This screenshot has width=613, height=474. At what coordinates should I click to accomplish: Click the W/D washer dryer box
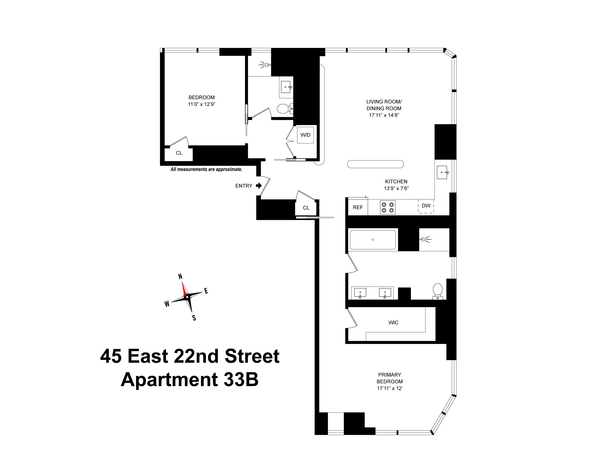(x=305, y=135)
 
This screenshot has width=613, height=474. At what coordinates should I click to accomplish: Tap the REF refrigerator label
(x=358, y=207)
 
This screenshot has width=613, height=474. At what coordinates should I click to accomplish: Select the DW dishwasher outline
(x=426, y=206)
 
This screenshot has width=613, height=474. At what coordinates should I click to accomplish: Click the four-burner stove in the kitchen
(x=388, y=207)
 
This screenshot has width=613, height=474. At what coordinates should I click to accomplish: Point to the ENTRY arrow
(x=259, y=185)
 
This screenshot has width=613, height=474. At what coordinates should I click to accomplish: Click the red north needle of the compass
(x=184, y=288)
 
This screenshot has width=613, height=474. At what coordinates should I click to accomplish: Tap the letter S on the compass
(x=194, y=318)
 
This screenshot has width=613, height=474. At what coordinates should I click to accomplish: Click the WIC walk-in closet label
(x=393, y=322)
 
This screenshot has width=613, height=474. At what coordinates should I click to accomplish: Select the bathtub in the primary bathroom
(x=373, y=240)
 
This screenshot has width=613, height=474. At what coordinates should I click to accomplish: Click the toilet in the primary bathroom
(x=438, y=291)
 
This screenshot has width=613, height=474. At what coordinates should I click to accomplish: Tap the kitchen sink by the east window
(x=442, y=172)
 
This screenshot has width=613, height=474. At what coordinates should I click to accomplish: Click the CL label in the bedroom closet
(x=179, y=153)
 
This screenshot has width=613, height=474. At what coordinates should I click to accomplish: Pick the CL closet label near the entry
(x=306, y=208)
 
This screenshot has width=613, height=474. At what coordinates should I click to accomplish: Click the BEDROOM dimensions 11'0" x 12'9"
(x=201, y=104)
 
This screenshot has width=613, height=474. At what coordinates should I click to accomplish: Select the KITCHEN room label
(x=396, y=182)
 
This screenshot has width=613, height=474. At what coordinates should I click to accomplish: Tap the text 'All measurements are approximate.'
(x=206, y=169)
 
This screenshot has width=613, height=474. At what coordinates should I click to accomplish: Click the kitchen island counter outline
(x=375, y=164)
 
